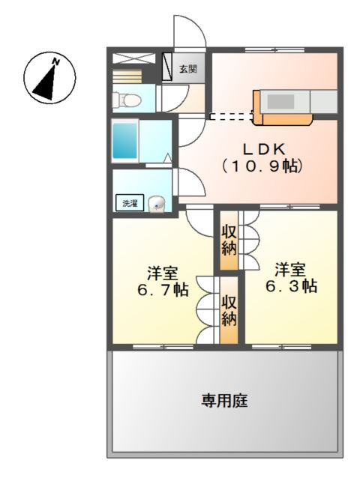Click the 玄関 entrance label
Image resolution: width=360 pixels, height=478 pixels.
[187, 69]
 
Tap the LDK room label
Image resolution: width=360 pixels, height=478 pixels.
[263, 149]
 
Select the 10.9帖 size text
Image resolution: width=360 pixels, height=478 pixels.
[262, 166]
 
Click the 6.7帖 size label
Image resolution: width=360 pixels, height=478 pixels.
[162, 290]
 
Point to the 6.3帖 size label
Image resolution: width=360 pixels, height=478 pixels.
[291, 286]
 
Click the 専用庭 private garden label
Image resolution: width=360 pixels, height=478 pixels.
[224, 401]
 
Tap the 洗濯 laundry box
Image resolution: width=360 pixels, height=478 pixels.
[130, 203]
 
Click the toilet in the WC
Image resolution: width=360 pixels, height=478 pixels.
[127, 100]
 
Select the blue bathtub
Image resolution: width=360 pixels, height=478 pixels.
[124, 141]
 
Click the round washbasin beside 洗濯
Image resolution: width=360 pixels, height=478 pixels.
[157, 204]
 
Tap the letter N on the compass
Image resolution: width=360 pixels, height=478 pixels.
[55, 62]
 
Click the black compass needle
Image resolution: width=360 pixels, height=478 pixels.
[46, 83]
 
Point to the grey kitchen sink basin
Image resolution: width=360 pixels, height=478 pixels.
[280, 101]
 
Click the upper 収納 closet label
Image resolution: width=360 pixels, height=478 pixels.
[229, 240]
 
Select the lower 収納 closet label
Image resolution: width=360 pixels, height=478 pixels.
[229, 310]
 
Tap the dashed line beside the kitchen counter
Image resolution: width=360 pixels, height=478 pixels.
[232, 116]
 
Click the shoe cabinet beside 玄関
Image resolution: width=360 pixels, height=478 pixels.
[167, 67]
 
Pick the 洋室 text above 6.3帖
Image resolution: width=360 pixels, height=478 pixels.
[289, 270]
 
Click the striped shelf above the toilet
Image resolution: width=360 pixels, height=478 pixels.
[127, 76]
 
